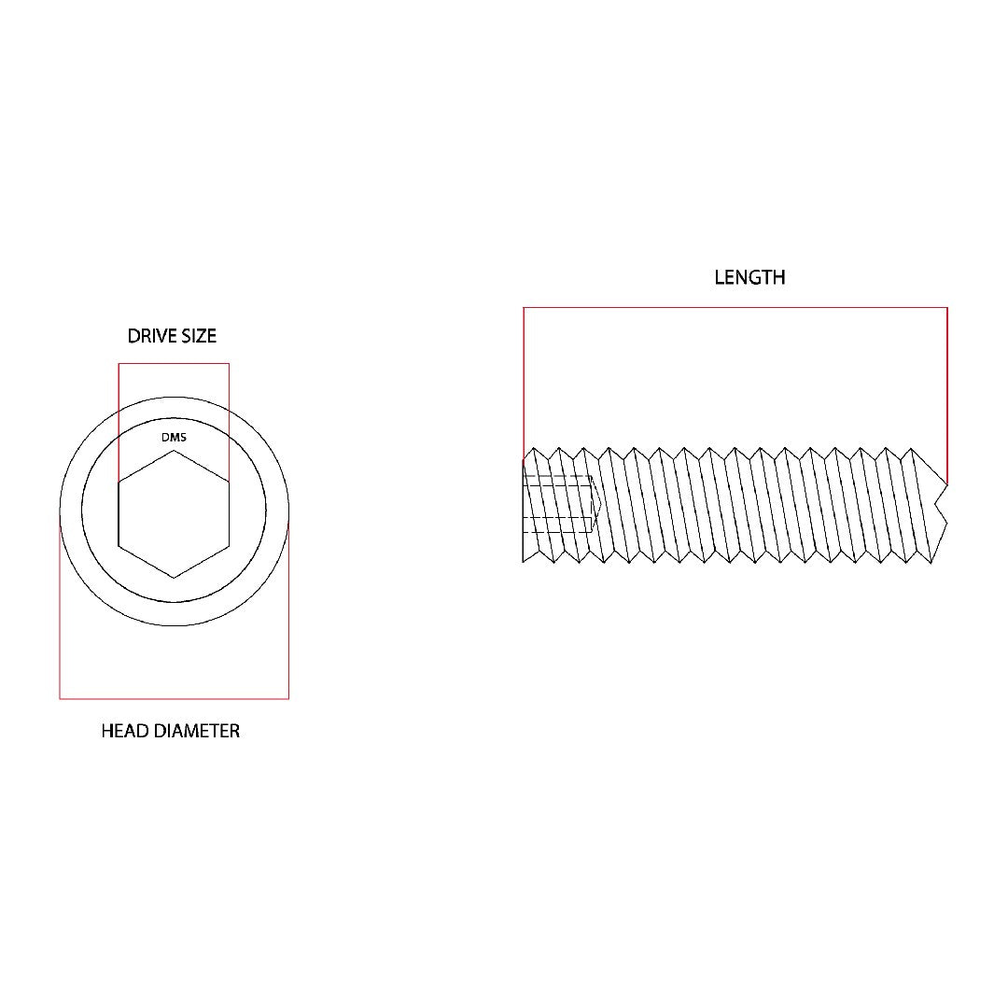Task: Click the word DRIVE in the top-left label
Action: (x=149, y=336)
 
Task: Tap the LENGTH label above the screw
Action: (x=749, y=277)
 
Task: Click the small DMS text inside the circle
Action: (x=174, y=436)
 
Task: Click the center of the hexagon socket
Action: (x=174, y=514)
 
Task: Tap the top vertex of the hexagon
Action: (x=174, y=452)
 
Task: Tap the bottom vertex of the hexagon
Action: (x=174, y=578)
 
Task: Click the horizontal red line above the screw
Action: (x=735, y=307)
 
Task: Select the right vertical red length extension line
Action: (x=947, y=392)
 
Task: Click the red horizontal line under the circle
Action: (x=174, y=698)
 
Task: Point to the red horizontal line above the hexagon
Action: (x=174, y=364)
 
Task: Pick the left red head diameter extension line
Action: (x=60, y=607)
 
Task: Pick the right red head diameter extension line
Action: (x=288, y=607)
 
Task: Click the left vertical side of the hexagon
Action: (x=119, y=514)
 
